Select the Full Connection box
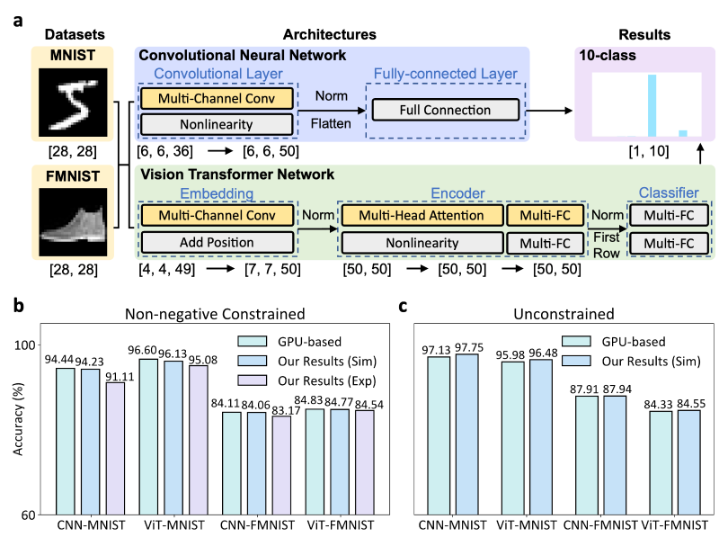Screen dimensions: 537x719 pos(445,111)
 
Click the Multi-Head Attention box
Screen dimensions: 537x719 pos(421,216)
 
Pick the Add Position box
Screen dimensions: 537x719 pos(217,243)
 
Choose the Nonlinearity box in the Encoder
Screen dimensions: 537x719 pos(421,243)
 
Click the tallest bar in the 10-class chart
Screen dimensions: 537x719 pos(652,104)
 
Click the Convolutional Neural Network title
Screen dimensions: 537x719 pos(242,56)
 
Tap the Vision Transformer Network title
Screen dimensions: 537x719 pos(236,175)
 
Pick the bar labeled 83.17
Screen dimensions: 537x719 pos(282,465)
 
